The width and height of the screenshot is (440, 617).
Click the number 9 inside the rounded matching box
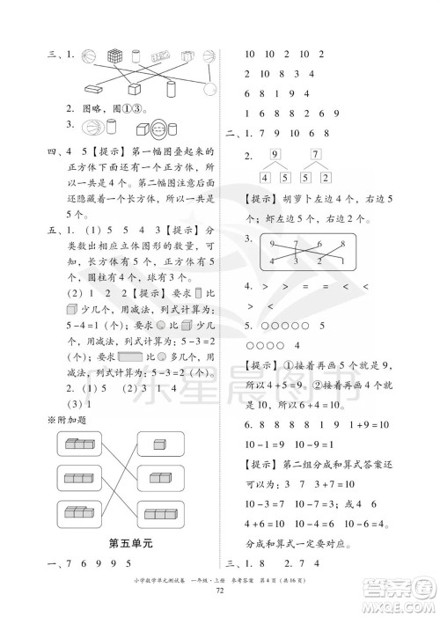[x=274, y=242]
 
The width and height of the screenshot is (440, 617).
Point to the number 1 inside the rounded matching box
[x=341, y=261]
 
